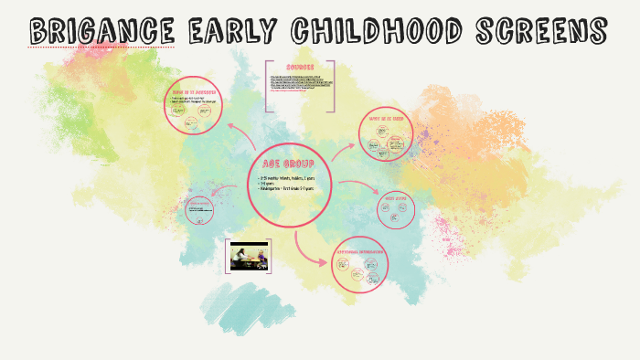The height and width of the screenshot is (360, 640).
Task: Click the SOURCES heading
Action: coord(300,67)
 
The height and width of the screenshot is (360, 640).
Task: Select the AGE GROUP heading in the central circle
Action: coord(289,163)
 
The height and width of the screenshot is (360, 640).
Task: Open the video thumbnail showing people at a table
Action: coord(248,256)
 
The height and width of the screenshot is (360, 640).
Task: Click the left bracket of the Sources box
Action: coord(266,87)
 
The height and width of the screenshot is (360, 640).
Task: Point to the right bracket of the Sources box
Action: coord(333,87)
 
